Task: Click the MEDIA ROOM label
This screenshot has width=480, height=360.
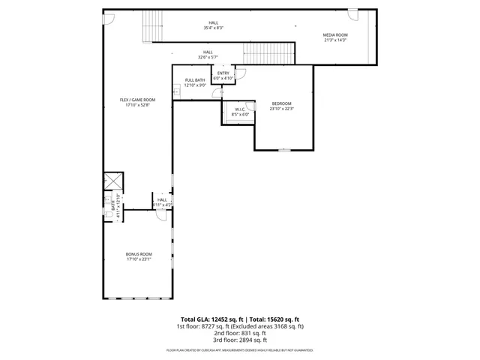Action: click(x=334, y=35)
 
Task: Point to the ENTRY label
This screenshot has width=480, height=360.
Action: click(x=223, y=73)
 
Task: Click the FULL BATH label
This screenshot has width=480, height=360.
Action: click(x=195, y=80)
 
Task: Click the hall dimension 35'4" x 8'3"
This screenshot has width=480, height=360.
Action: click(x=214, y=28)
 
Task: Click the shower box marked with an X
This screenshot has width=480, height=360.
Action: click(x=114, y=181)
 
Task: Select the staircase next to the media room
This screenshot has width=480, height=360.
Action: click(x=269, y=52)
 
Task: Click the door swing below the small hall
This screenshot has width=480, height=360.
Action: click(x=160, y=213)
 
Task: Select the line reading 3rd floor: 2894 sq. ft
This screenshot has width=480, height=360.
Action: click(x=240, y=340)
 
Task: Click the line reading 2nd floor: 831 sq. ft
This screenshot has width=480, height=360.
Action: click(x=240, y=333)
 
